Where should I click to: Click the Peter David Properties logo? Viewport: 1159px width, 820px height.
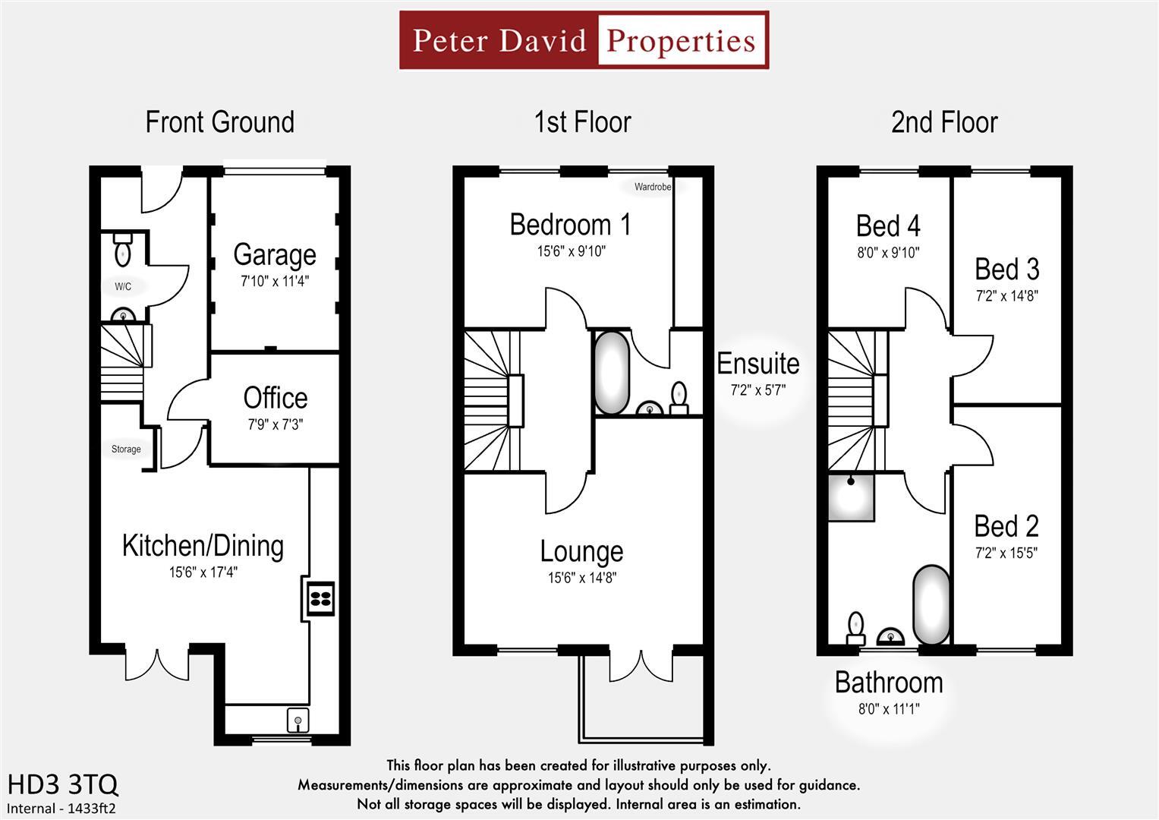tap(584, 40)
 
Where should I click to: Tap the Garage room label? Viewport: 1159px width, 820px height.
tap(275, 255)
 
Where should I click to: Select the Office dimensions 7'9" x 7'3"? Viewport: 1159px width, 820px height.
tap(275, 424)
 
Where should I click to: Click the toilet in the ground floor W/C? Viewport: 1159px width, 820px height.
tap(122, 250)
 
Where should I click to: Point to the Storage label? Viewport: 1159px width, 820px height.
tap(126, 449)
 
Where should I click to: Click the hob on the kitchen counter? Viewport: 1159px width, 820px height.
tap(320, 597)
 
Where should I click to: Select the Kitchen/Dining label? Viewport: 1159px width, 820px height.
tap(203, 546)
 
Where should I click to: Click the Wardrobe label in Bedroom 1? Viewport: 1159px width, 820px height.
tap(653, 187)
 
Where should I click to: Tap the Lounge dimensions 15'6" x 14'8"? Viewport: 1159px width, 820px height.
tap(582, 578)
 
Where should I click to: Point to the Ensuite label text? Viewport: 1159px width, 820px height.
tap(758, 364)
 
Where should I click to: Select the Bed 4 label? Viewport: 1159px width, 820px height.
tap(888, 226)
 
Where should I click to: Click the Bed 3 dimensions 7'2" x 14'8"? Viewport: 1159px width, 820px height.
tap(1006, 296)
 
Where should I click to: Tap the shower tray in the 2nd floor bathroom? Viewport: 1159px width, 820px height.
tap(851, 497)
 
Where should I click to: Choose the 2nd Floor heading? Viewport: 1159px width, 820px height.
tap(944, 122)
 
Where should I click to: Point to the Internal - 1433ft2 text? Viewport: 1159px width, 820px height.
tap(61, 809)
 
